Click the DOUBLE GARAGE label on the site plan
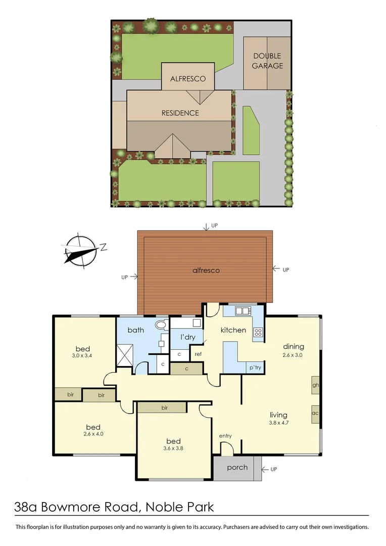(x=267, y=61)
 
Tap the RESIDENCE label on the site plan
(x=180, y=113)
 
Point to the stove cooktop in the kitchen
(x=258, y=333)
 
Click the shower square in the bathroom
(x=124, y=354)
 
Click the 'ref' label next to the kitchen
(x=198, y=354)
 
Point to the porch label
(x=237, y=467)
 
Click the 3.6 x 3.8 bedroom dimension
(x=174, y=448)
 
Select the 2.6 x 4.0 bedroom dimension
(x=93, y=434)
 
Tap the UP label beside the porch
(x=274, y=470)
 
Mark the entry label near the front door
(x=225, y=436)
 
